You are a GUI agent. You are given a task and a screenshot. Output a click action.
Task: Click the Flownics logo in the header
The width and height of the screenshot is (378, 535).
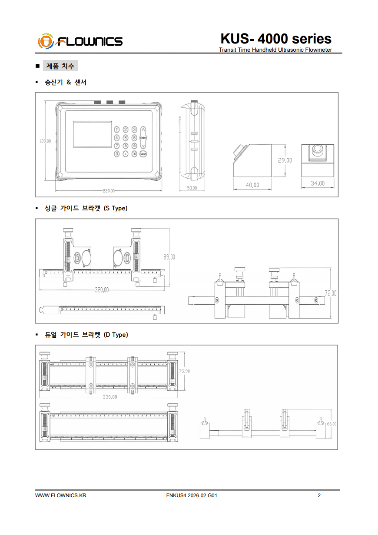click(x=80, y=41)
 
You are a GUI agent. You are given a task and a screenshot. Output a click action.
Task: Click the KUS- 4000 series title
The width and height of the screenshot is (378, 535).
click(x=276, y=39)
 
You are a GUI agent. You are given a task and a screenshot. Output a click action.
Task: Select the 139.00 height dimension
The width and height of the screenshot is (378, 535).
click(x=45, y=141)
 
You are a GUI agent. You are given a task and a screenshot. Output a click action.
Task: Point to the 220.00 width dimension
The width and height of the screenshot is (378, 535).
click(x=109, y=191)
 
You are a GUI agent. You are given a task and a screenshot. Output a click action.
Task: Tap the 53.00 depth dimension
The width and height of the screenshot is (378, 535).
click(x=192, y=188)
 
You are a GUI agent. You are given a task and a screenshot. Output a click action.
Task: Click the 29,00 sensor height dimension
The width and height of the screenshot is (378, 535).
click(x=285, y=160)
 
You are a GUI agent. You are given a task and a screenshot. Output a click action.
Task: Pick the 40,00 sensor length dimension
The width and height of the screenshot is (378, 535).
click(x=252, y=185)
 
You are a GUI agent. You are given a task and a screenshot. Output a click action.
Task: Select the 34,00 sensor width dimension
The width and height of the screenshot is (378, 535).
click(x=318, y=183)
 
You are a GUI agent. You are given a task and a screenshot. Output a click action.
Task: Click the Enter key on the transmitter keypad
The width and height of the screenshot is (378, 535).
click(x=143, y=138)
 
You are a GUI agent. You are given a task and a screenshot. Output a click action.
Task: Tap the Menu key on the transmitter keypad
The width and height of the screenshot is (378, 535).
click(x=143, y=153)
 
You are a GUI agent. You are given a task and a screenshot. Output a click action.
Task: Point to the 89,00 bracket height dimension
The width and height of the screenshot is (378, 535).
click(x=169, y=257)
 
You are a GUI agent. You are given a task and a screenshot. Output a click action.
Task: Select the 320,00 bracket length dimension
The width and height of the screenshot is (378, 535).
click(x=102, y=290)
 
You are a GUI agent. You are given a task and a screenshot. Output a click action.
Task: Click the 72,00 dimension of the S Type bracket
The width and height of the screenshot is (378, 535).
click(x=331, y=293)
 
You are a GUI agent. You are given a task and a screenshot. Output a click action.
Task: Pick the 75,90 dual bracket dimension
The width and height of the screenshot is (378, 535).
click(x=184, y=371)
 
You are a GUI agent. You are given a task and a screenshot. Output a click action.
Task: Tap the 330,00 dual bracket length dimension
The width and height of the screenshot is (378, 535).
click(x=109, y=397)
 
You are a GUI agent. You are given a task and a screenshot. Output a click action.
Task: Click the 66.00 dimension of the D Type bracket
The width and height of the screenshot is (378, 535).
click(x=332, y=424)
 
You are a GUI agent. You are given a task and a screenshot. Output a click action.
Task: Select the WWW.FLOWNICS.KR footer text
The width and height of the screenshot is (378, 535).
click(x=60, y=495)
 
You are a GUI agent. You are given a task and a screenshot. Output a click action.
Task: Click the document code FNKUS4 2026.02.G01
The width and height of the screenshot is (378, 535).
click(x=192, y=495)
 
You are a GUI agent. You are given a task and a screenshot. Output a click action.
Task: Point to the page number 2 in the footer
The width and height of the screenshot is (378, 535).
click(x=319, y=495)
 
